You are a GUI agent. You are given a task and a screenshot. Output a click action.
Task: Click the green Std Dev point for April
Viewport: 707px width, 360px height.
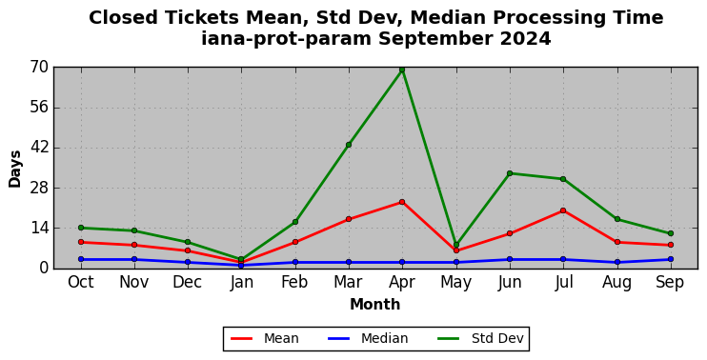pyautogui.click(x=402, y=70)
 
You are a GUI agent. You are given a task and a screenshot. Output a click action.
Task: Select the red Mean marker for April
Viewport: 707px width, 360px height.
pyautogui.click(x=402, y=202)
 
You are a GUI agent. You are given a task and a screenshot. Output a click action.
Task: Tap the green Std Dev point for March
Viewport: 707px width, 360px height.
pyautogui.click(x=349, y=145)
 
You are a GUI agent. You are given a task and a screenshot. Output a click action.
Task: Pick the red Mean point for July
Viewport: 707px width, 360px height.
pyautogui.click(x=563, y=210)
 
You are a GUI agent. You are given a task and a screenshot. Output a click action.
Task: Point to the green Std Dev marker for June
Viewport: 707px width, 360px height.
pyautogui.click(x=510, y=173)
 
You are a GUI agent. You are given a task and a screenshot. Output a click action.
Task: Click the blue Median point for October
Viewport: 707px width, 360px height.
pyautogui.click(x=81, y=259)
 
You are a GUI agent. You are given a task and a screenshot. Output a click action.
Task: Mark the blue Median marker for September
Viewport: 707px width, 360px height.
pyautogui.click(x=671, y=259)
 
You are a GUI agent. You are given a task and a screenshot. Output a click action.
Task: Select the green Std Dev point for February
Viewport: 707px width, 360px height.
pyautogui.click(x=295, y=222)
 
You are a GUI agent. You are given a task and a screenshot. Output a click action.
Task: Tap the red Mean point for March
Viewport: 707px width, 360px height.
pyautogui.click(x=349, y=219)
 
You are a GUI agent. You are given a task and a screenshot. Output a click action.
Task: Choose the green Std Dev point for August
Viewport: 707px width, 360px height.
pyautogui.click(x=616, y=219)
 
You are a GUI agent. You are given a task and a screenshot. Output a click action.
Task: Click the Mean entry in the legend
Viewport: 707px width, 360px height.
pyautogui.click(x=264, y=338)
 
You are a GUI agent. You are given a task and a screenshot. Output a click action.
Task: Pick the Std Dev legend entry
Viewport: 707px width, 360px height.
pyautogui.click(x=480, y=338)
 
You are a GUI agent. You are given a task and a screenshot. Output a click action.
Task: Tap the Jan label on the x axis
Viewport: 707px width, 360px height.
pyautogui.click(x=241, y=282)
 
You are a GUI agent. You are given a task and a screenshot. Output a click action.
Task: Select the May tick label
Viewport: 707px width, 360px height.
pyautogui.click(x=455, y=283)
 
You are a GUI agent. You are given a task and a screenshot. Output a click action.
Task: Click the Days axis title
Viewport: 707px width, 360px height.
pyautogui.click(x=15, y=169)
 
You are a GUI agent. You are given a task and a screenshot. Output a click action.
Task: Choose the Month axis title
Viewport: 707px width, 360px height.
pyautogui.click(x=375, y=304)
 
